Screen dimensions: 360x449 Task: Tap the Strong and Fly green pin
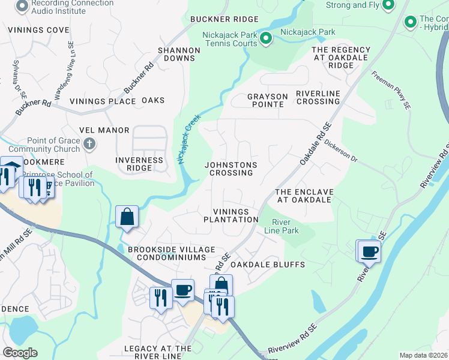click(388, 5)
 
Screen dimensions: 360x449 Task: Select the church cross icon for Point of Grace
click(89, 143)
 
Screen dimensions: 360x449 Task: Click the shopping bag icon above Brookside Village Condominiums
click(127, 217)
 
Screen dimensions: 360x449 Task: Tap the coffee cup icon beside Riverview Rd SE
click(370, 251)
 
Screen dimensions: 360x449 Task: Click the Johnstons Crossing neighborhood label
click(231, 169)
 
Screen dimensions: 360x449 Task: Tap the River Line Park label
click(281, 226)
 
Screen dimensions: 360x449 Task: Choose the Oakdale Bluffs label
click(268, 265)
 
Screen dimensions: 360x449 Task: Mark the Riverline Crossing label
click(318, 97)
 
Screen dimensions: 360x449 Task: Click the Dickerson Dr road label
click(341, 152)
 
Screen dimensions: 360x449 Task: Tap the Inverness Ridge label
click(139, 164)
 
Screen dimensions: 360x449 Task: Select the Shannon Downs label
click(178, 54)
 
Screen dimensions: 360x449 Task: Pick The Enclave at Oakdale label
click(304, 196)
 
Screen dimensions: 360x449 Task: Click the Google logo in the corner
click(20, 353)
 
